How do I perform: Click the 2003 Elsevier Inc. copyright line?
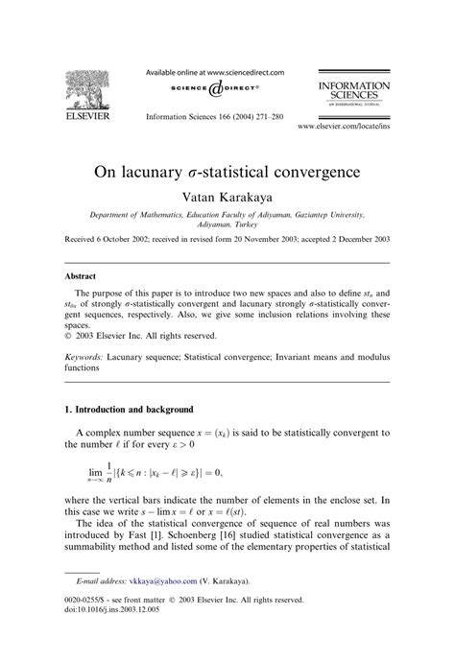[138, 337]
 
